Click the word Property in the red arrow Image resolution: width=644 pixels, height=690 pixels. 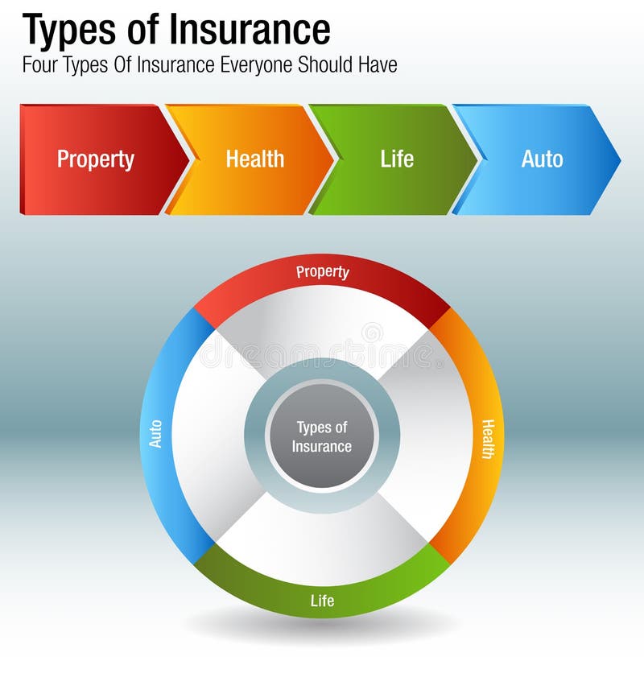click(x=95, y=159)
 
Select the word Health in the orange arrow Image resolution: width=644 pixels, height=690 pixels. click(x=254, y=159)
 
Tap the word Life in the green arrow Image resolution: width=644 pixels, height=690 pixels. click(x=397, y=159)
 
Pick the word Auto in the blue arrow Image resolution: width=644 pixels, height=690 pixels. click(x=542, y=159)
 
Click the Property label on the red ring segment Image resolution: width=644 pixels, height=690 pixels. click(x=322, y=272)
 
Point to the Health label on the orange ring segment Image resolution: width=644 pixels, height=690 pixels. click(x=487, y=439)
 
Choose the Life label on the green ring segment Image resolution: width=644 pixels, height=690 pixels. click(x=322, y=601)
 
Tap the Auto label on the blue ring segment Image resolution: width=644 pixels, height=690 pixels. click(x=156, y=434)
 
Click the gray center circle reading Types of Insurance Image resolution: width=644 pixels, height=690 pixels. click(x=322, y=436)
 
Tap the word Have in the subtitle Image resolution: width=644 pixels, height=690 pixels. click(x=378, y=65)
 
